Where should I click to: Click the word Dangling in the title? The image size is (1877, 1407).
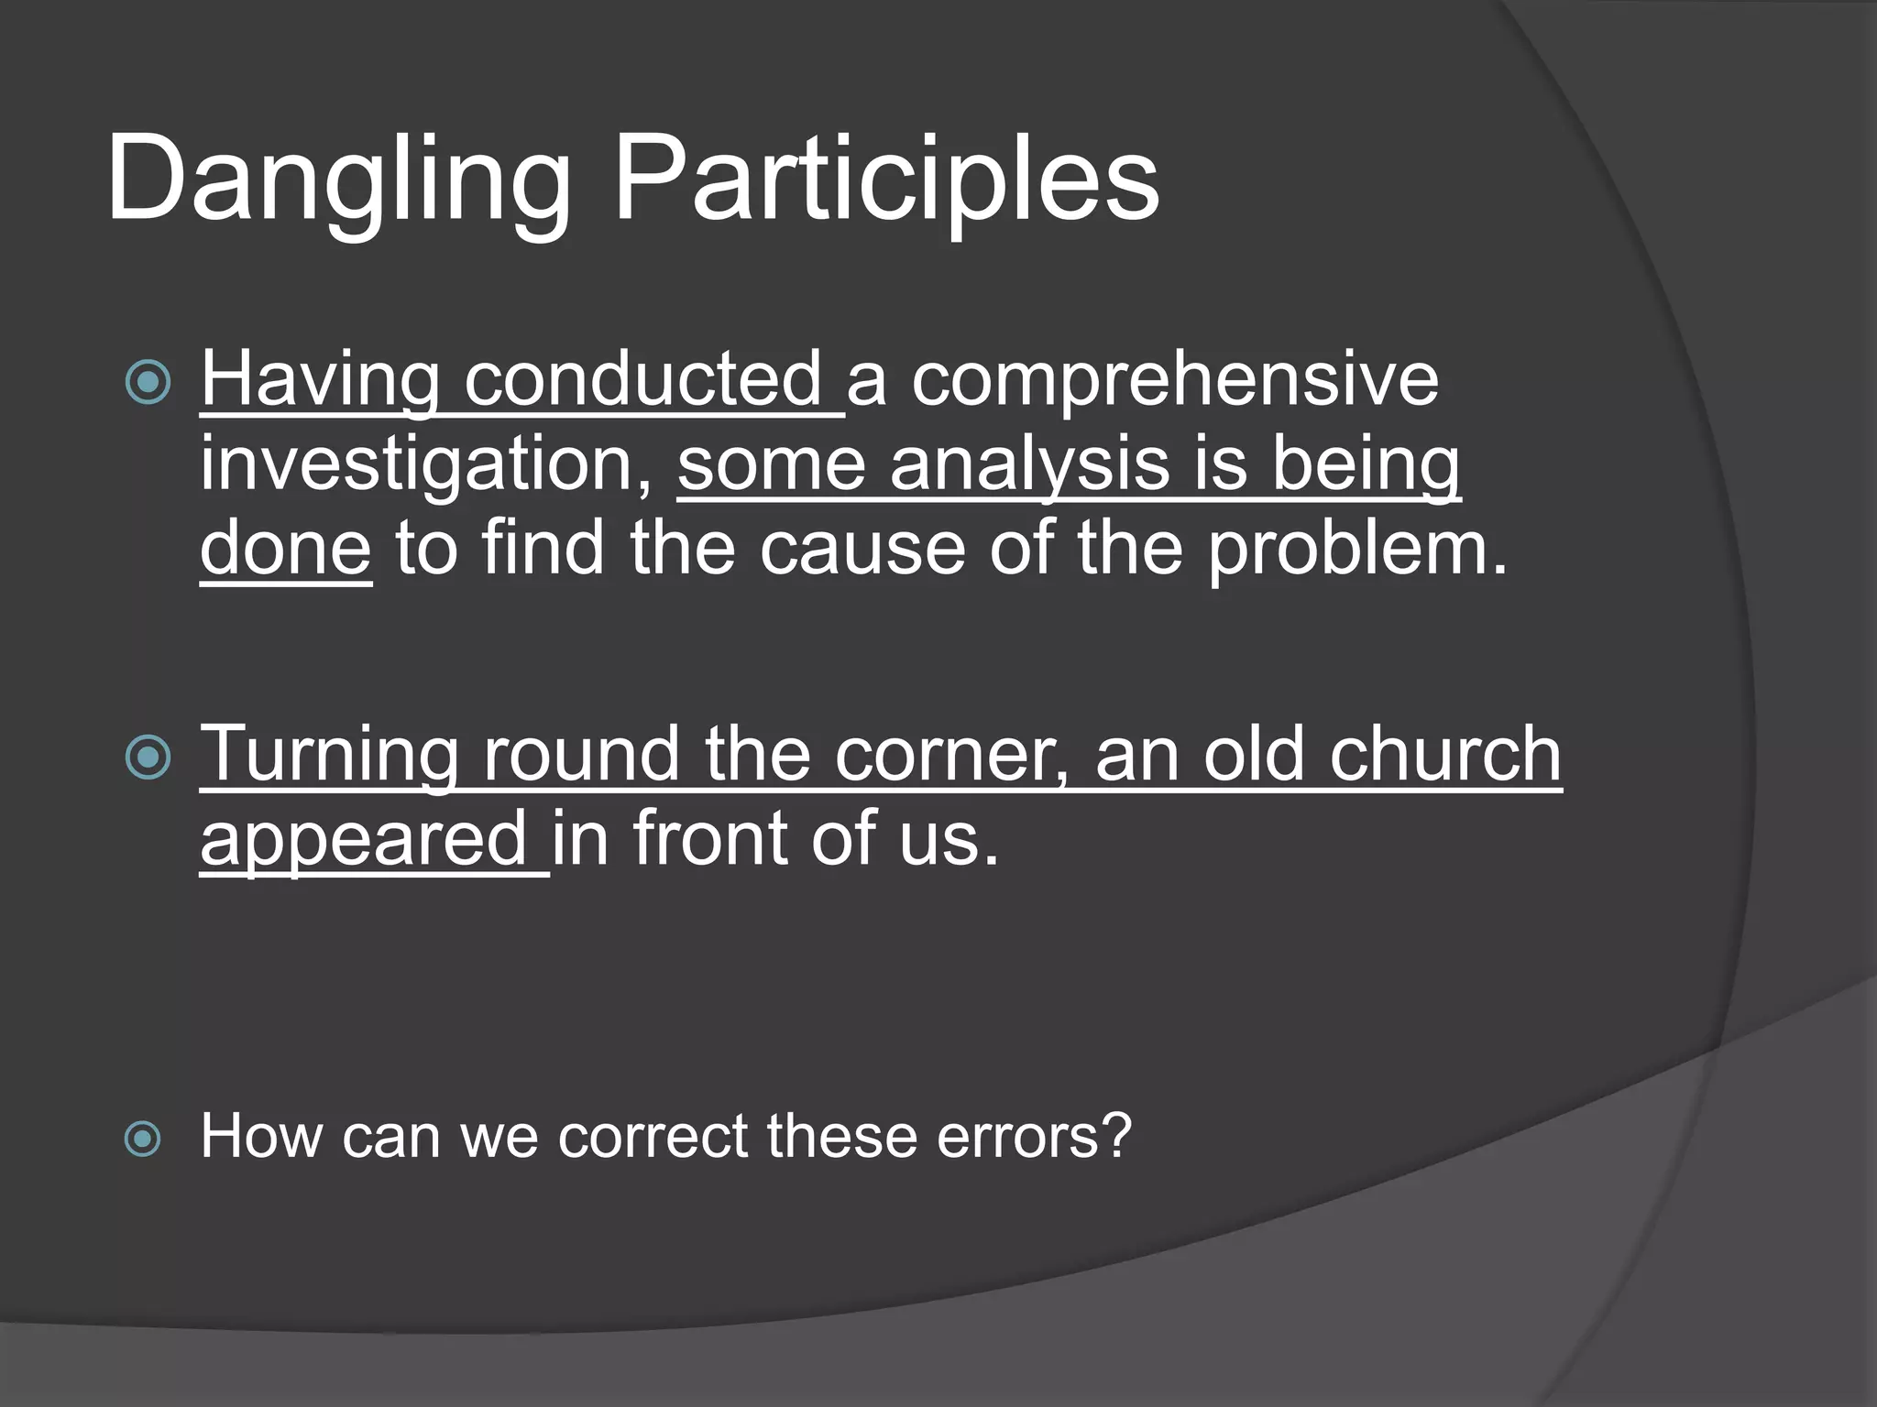(x=339, y=179)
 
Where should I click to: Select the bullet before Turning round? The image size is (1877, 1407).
(x=148, y=758)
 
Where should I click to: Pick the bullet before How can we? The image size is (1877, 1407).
(x=143, y=1140)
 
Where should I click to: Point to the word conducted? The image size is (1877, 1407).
(x=642, y=380)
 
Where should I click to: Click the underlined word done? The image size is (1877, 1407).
(x=286, y=549)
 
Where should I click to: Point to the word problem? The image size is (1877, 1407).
(x=1356, y=549)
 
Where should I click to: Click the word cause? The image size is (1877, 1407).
(x=862, y=549)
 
